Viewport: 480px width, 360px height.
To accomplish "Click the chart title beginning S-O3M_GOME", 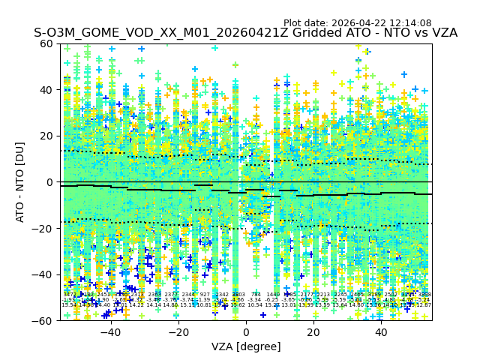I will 245,34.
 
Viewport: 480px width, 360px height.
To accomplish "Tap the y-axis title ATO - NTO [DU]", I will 21,181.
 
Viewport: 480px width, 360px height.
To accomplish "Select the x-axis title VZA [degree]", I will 245,346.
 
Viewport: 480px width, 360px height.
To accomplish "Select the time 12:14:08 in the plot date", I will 410,23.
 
